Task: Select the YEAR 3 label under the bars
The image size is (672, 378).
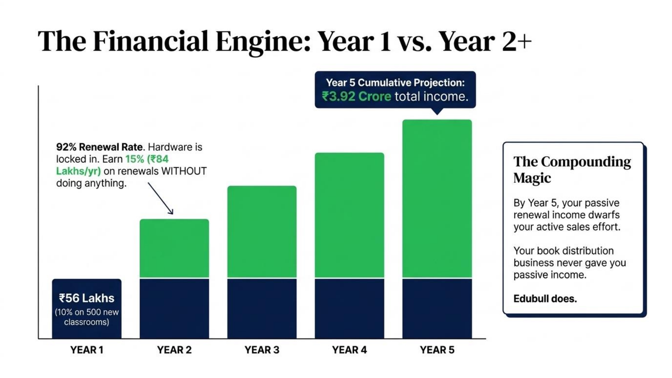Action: coord(262,350)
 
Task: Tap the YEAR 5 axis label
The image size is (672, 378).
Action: coord(437,350)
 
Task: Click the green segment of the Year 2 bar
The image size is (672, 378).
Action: coord(174,248)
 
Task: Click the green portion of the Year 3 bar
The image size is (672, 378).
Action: coord(262,232)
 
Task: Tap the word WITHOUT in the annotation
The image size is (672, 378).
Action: coord(184,171)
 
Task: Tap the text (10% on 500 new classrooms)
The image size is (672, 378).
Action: coord(87,317)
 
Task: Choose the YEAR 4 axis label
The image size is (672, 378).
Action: coord(350,350)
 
